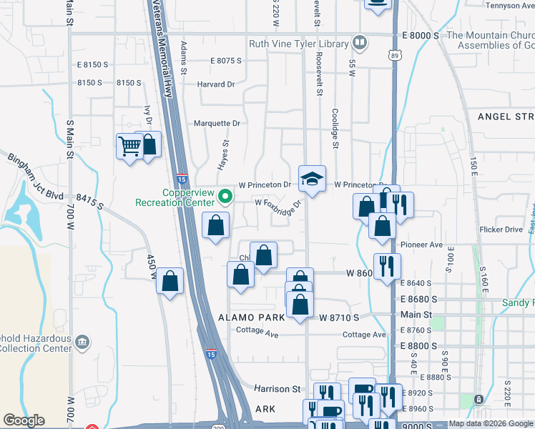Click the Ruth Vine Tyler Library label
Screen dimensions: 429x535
[298, 44]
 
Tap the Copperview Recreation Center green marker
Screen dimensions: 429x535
[225, 195]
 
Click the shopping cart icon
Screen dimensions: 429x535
[129, 147]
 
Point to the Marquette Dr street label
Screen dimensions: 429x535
[217, 123]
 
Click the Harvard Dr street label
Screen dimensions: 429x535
[215, 84]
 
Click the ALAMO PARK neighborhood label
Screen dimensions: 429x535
[255, 316]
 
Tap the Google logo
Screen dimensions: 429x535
[24, 420]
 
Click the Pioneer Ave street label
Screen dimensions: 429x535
[421, 245]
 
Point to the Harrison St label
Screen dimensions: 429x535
[278, 389]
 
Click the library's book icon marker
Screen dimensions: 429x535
[360, 43]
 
